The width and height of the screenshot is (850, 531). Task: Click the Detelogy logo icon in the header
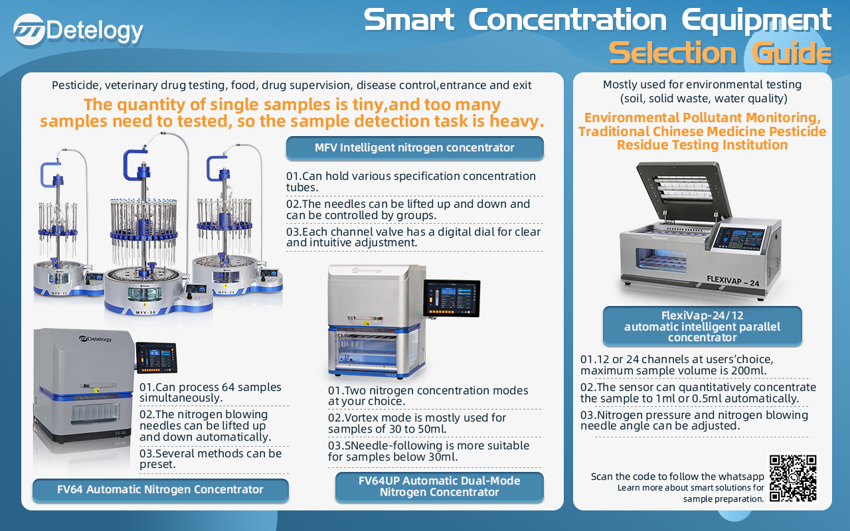click(29, 30)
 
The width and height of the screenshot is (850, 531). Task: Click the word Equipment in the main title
click(756, 21)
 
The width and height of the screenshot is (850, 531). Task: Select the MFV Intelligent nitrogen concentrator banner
click(415, 147)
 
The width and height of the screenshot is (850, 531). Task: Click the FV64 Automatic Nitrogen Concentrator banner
click(161, 490)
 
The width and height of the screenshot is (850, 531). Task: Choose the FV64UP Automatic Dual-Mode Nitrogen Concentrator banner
click(440, 487)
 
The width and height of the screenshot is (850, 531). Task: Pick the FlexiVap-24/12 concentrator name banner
click(703, 326)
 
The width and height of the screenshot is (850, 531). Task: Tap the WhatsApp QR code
click(793, 479)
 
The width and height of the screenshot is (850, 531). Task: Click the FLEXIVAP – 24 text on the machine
click(732, 281)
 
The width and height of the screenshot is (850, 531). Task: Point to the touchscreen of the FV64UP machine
click(452, 298)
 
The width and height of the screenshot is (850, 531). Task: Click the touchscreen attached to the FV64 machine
click(156, 358)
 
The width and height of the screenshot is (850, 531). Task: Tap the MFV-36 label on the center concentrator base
click(145, 312)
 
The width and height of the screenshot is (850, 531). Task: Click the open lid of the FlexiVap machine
click(683, 190)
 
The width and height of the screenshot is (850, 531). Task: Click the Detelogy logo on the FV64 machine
click(96, 339)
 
